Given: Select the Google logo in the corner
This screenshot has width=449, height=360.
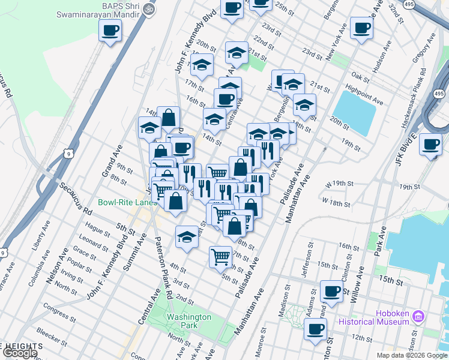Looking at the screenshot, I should pyautogui.click(x=20, y=353).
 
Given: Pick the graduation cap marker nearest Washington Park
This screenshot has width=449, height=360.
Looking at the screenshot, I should pyautogui.click(x=187, y=237).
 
